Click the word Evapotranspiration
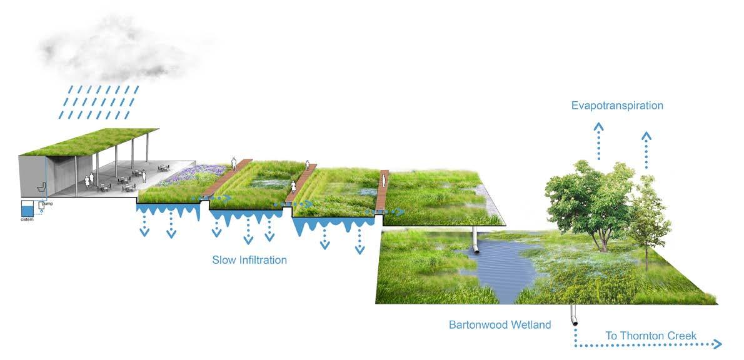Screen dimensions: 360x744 (616, 106)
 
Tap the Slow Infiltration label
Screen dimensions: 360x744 (249, 259)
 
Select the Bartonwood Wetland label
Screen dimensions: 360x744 (500, 325)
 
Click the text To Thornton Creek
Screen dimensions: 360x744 (651, 336)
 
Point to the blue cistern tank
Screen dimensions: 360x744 (28, 209)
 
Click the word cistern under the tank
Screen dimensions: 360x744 (26, 219)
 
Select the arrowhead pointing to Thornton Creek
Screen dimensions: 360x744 (718, 344)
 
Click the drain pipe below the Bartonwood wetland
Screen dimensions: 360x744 (573, 315)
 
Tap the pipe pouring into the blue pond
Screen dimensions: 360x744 (476, 241)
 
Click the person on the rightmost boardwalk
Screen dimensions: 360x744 (384, 181)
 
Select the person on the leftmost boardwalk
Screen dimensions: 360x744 (234, 164)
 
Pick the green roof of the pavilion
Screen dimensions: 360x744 (94, 141)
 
